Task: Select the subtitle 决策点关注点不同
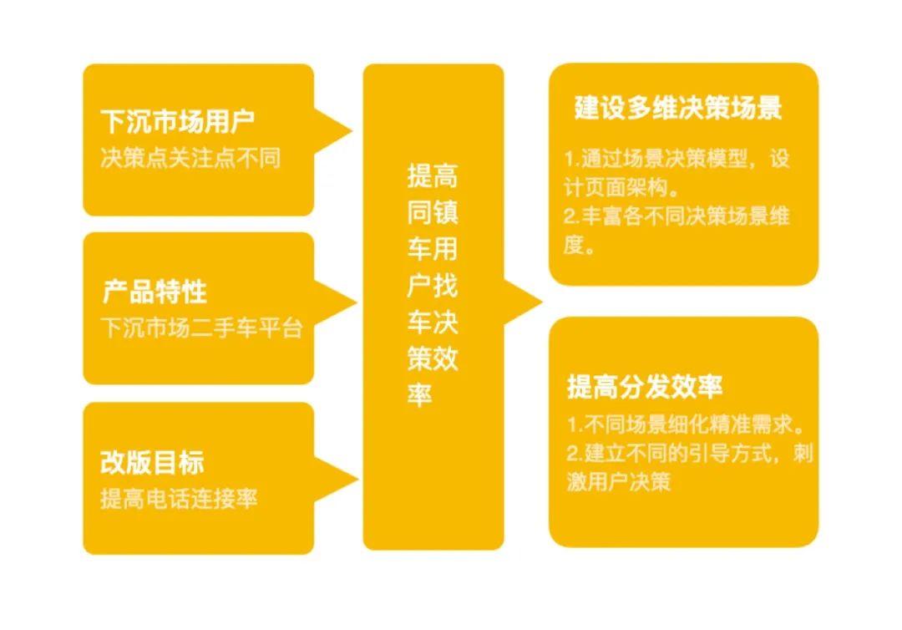pos(190,158)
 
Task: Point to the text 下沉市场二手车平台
pos(200,328)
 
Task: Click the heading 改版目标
pos(152,462)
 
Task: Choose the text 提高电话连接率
pos(179,499)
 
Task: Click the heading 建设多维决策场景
pos(678,109)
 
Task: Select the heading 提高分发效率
pos(645,387)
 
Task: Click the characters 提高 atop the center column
pos(433,176)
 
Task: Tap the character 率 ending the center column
pos(419,396)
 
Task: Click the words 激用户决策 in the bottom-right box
pos(619,483)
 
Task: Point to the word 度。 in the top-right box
pos(578,248)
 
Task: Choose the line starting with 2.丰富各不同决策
pos(676,216)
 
